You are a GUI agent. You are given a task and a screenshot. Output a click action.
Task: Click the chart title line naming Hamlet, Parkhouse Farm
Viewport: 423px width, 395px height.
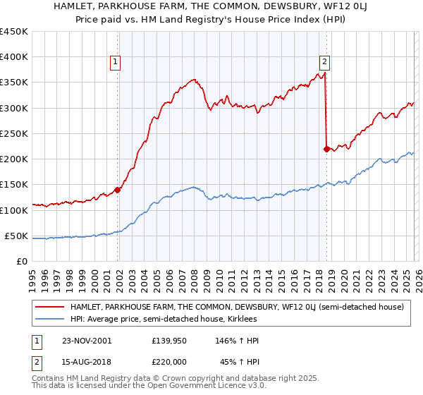click(211, 6)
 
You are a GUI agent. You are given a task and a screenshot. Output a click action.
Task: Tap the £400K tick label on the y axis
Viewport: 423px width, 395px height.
click(13, 57)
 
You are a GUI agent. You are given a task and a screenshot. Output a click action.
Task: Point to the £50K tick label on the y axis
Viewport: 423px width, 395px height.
click(16, 236)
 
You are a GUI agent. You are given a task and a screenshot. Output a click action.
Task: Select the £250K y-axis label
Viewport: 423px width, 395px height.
click(13, 133)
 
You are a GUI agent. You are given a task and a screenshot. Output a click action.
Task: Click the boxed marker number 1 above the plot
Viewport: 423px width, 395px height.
click(115, 62)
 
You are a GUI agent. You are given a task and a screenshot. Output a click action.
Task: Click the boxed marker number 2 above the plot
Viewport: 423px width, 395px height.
click(324, 62)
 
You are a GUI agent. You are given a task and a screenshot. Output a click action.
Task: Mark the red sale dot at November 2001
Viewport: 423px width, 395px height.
click(118, 189)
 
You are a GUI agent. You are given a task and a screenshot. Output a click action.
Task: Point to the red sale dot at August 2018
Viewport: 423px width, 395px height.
click(326, 149)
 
